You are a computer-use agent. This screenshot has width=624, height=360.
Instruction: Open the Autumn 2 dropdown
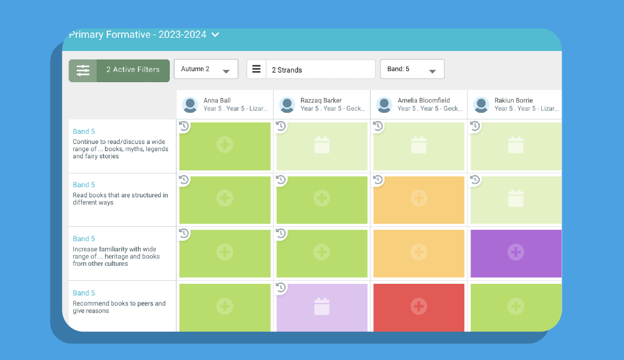[206, 69]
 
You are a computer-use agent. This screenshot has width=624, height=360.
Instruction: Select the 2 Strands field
[320, 70]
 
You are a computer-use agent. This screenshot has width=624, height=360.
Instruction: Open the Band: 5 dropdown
[412, 69]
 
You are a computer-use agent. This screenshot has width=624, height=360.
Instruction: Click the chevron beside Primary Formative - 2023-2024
[215, 35]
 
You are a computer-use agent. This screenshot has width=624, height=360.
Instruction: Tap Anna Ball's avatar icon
[190, 104]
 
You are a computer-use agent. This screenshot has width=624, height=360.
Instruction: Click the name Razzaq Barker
[321, 100]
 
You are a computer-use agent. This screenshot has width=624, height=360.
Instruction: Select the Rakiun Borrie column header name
[514, 100]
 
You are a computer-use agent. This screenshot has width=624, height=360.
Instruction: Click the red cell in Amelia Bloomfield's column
[419, 307]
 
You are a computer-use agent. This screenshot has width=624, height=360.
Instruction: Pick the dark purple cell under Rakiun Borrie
[515, 253]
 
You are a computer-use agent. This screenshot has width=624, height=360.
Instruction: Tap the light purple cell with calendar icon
[322, 307]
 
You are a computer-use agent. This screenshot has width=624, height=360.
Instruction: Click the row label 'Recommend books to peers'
[119, 304]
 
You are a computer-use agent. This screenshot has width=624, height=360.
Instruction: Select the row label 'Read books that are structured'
[120, 195]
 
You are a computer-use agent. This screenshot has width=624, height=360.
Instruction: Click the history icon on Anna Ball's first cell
[184, 126]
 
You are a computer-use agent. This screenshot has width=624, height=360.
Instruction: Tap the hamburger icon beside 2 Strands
[256, 69]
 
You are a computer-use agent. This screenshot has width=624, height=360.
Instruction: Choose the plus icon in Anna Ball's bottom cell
[225, 307]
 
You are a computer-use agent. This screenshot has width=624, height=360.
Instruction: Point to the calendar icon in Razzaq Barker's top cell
[322, 145]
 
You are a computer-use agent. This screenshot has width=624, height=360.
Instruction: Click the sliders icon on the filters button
[83, 70]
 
